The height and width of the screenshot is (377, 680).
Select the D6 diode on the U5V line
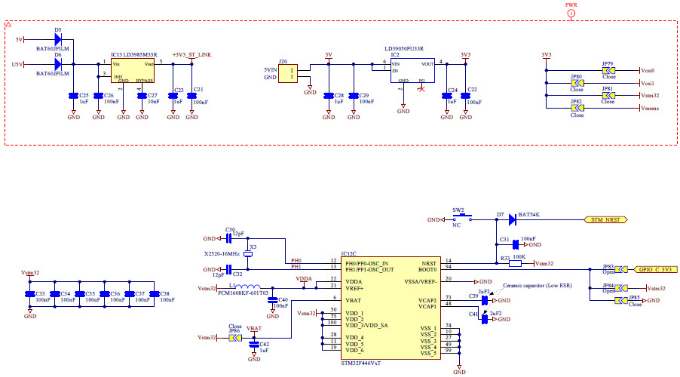(x=57, y=64)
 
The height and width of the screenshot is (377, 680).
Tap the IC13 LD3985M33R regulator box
(x=132, y=72)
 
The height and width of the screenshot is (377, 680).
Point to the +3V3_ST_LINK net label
(x=191, y=55)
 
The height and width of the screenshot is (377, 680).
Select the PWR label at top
(x=571, y=5)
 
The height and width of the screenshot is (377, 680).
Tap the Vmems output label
(x=651, y=109)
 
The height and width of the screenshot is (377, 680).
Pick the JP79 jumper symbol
(x=608, y=70)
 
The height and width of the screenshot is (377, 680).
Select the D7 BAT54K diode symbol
(x=512, y=219)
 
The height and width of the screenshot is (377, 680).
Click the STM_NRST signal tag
(x=608, y=219)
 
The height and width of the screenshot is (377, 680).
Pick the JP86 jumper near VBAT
(x=234, y=338)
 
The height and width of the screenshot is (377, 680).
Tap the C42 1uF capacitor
(x=254, y=345)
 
